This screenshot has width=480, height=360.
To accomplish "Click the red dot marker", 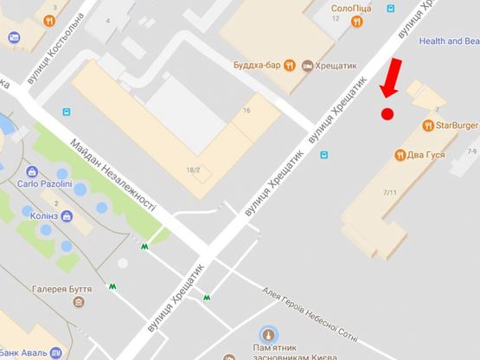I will pos(387,113).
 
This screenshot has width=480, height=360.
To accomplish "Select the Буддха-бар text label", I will pos(258,64).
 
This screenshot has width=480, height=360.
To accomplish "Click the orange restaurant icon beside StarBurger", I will pos(427,125).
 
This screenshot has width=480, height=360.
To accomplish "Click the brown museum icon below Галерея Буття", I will pos(80,303).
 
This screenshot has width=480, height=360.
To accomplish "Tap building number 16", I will pos(246,111).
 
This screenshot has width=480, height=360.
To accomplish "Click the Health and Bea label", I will pos(448,40).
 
